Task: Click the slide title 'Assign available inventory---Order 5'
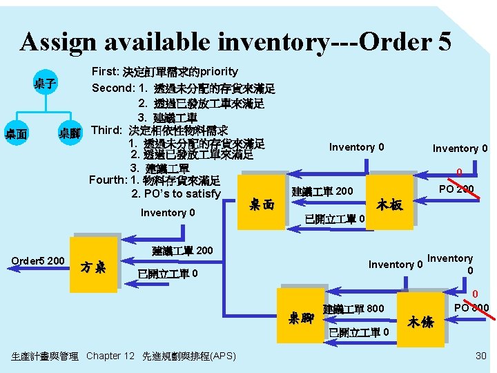click(x=235, y=42)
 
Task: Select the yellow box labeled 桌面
click(x=260, y=204)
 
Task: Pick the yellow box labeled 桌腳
click(x=302, y=318)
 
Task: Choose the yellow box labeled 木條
click(x=422, y=321)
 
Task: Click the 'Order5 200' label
click(x=38, y=260)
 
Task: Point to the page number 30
click(x=480, y=355)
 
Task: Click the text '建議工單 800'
click(x=353, y=308)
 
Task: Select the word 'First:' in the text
click(x=105, y=72)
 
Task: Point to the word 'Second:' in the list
click(x=113, y=88)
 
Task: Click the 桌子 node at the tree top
click(x=46, y=84)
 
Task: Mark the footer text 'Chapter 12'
click(x=111, y=356)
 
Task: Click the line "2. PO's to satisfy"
click(x=175, y=193)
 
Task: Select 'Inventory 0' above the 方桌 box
click(x=168, y=213)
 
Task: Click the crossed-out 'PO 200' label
click(x=456, y=188)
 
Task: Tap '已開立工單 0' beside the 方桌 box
click(x=168, y=274)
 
